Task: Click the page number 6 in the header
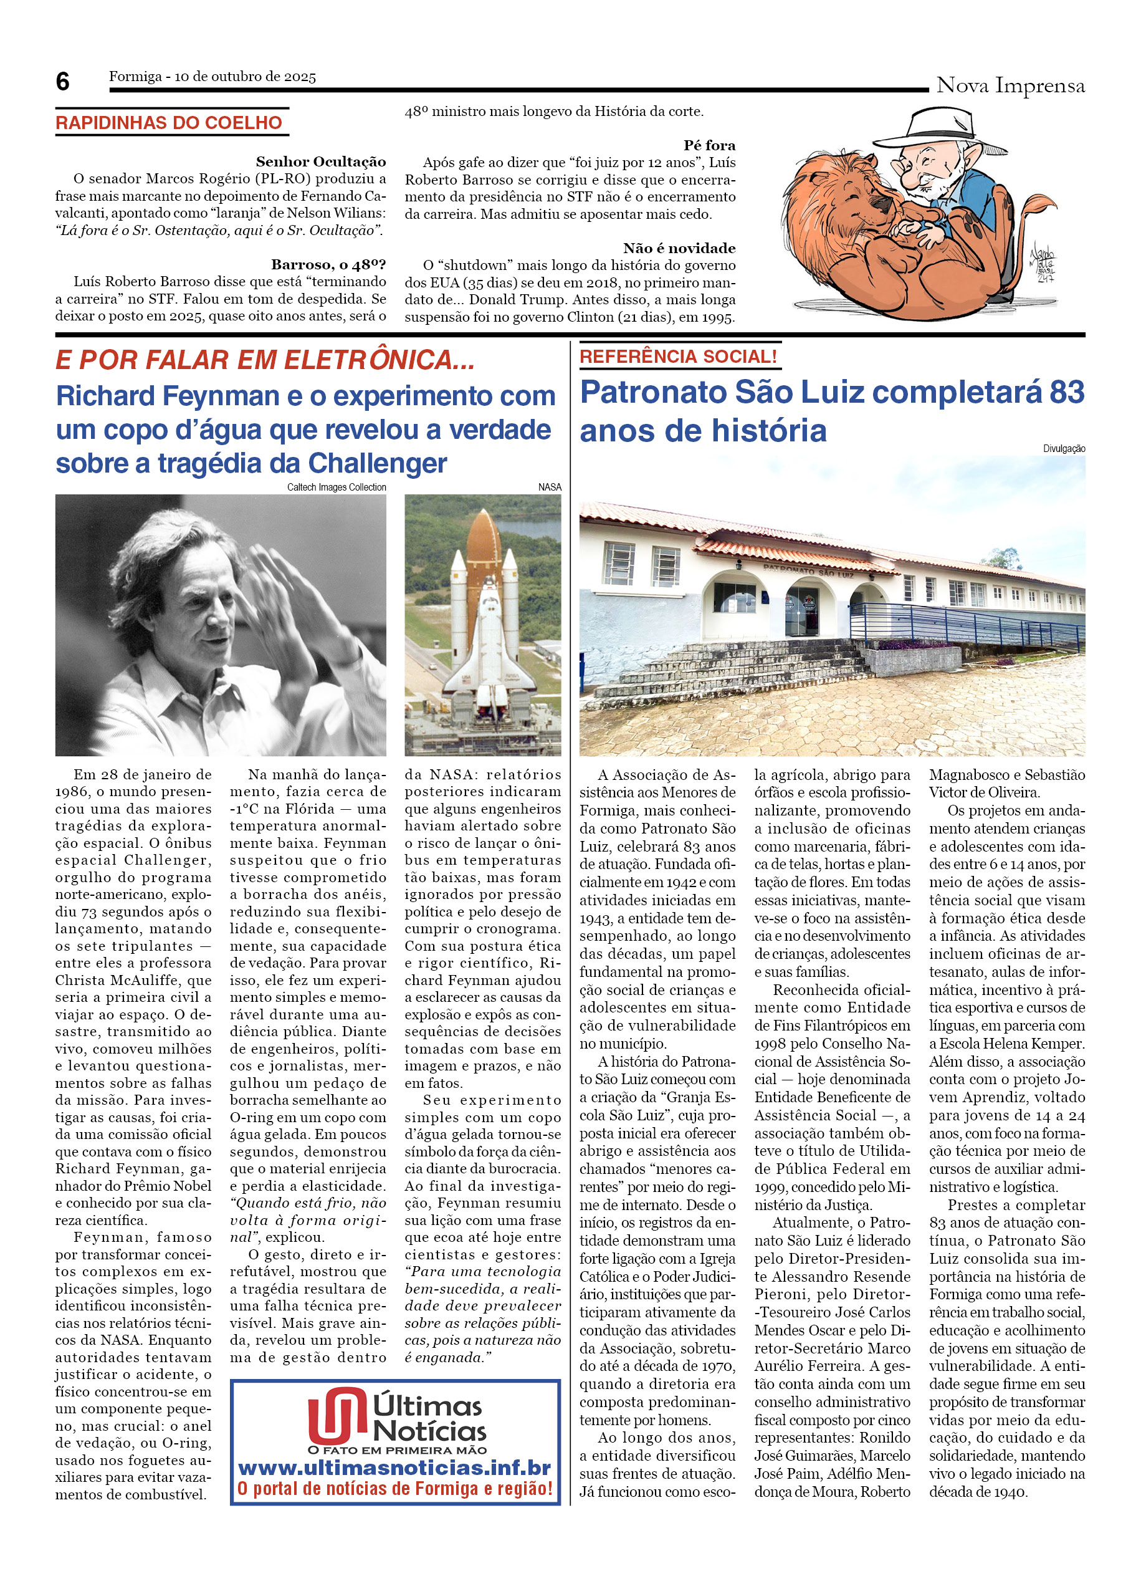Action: click(62, 82)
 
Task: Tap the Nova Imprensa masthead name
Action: click(1010, 85)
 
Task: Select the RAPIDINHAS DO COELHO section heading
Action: click(169, 123)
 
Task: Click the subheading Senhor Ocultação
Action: click(321, 162)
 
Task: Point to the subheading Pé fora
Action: click(709, 145)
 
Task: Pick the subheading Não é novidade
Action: click(679, 248)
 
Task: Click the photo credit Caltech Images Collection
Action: click(336, 487)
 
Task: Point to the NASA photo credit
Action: click(550, 487)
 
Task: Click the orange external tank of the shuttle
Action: click(484, 549)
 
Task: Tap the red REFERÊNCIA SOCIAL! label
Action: click(678, 357)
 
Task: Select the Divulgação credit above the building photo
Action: click(1063, 449)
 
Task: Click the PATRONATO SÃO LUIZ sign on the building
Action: click(808, 570)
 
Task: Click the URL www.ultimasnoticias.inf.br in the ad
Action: click(394, 1467)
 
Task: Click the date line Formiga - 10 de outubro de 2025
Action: click(212, 77)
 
